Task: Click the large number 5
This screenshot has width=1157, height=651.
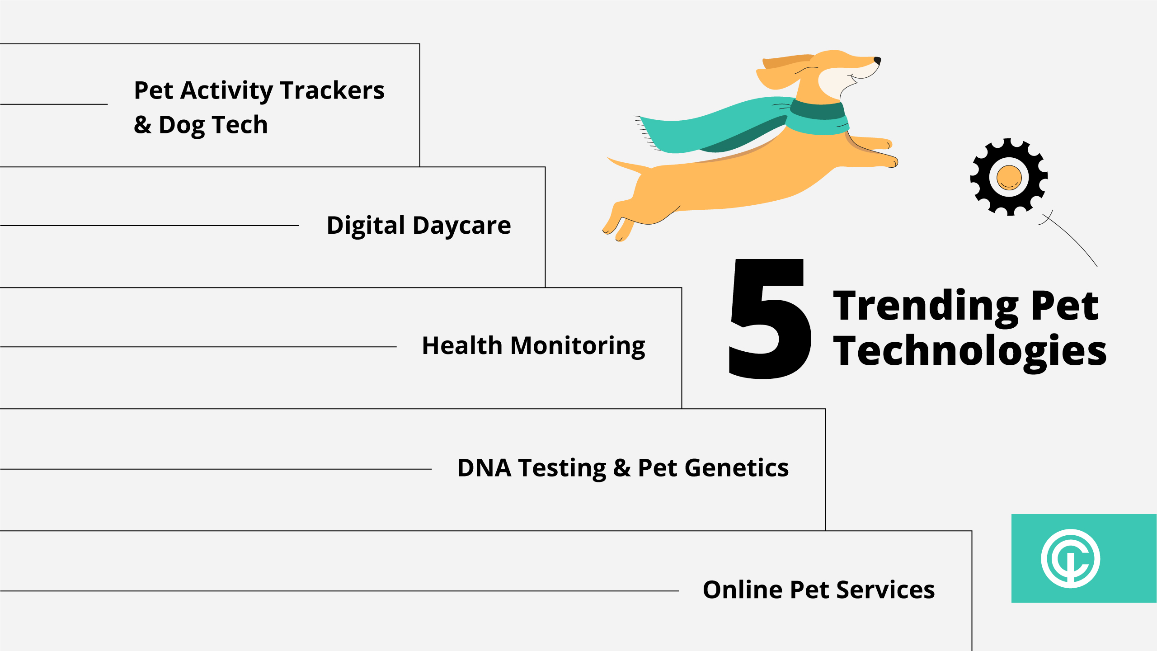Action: point(769,318)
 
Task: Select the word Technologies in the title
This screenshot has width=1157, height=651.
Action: point(970,352)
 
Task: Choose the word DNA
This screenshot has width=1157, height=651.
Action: point(484,467)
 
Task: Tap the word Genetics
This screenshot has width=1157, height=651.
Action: point(737,467)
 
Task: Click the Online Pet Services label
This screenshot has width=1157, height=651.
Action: point(818,590)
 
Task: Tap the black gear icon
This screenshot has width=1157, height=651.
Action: point(1009,177)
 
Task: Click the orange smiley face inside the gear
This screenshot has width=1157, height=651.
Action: point(1009,177)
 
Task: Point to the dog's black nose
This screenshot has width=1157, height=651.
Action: point(877,60)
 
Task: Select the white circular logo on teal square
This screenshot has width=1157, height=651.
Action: point(1070,558)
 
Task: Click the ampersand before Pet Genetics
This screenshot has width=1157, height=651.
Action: point(622,468)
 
